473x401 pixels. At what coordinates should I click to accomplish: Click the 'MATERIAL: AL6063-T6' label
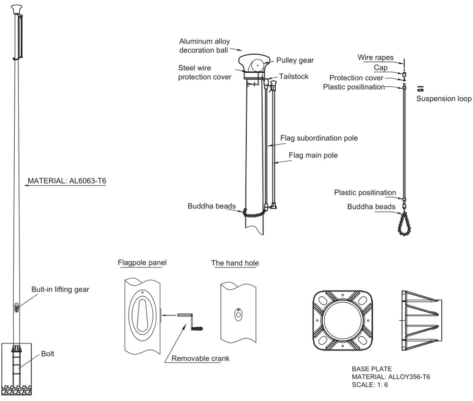[x=66, y=180]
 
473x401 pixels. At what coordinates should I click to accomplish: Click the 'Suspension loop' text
[x=444, y=99]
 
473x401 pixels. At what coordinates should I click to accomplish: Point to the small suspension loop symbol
[x=420, y=89]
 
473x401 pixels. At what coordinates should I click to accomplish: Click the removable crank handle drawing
[x=191, y=321]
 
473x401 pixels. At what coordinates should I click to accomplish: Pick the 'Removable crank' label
[x=200, y=358]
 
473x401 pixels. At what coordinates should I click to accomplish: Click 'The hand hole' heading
[x=235, y=263]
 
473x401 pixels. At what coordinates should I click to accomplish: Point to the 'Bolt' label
[x=48, y=353]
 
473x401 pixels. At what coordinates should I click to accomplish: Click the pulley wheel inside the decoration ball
[x=258, y=65]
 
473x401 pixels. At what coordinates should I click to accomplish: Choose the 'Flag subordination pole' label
[x=319, y=138]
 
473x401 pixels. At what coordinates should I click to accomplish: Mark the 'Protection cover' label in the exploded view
[x=357, y=78]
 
